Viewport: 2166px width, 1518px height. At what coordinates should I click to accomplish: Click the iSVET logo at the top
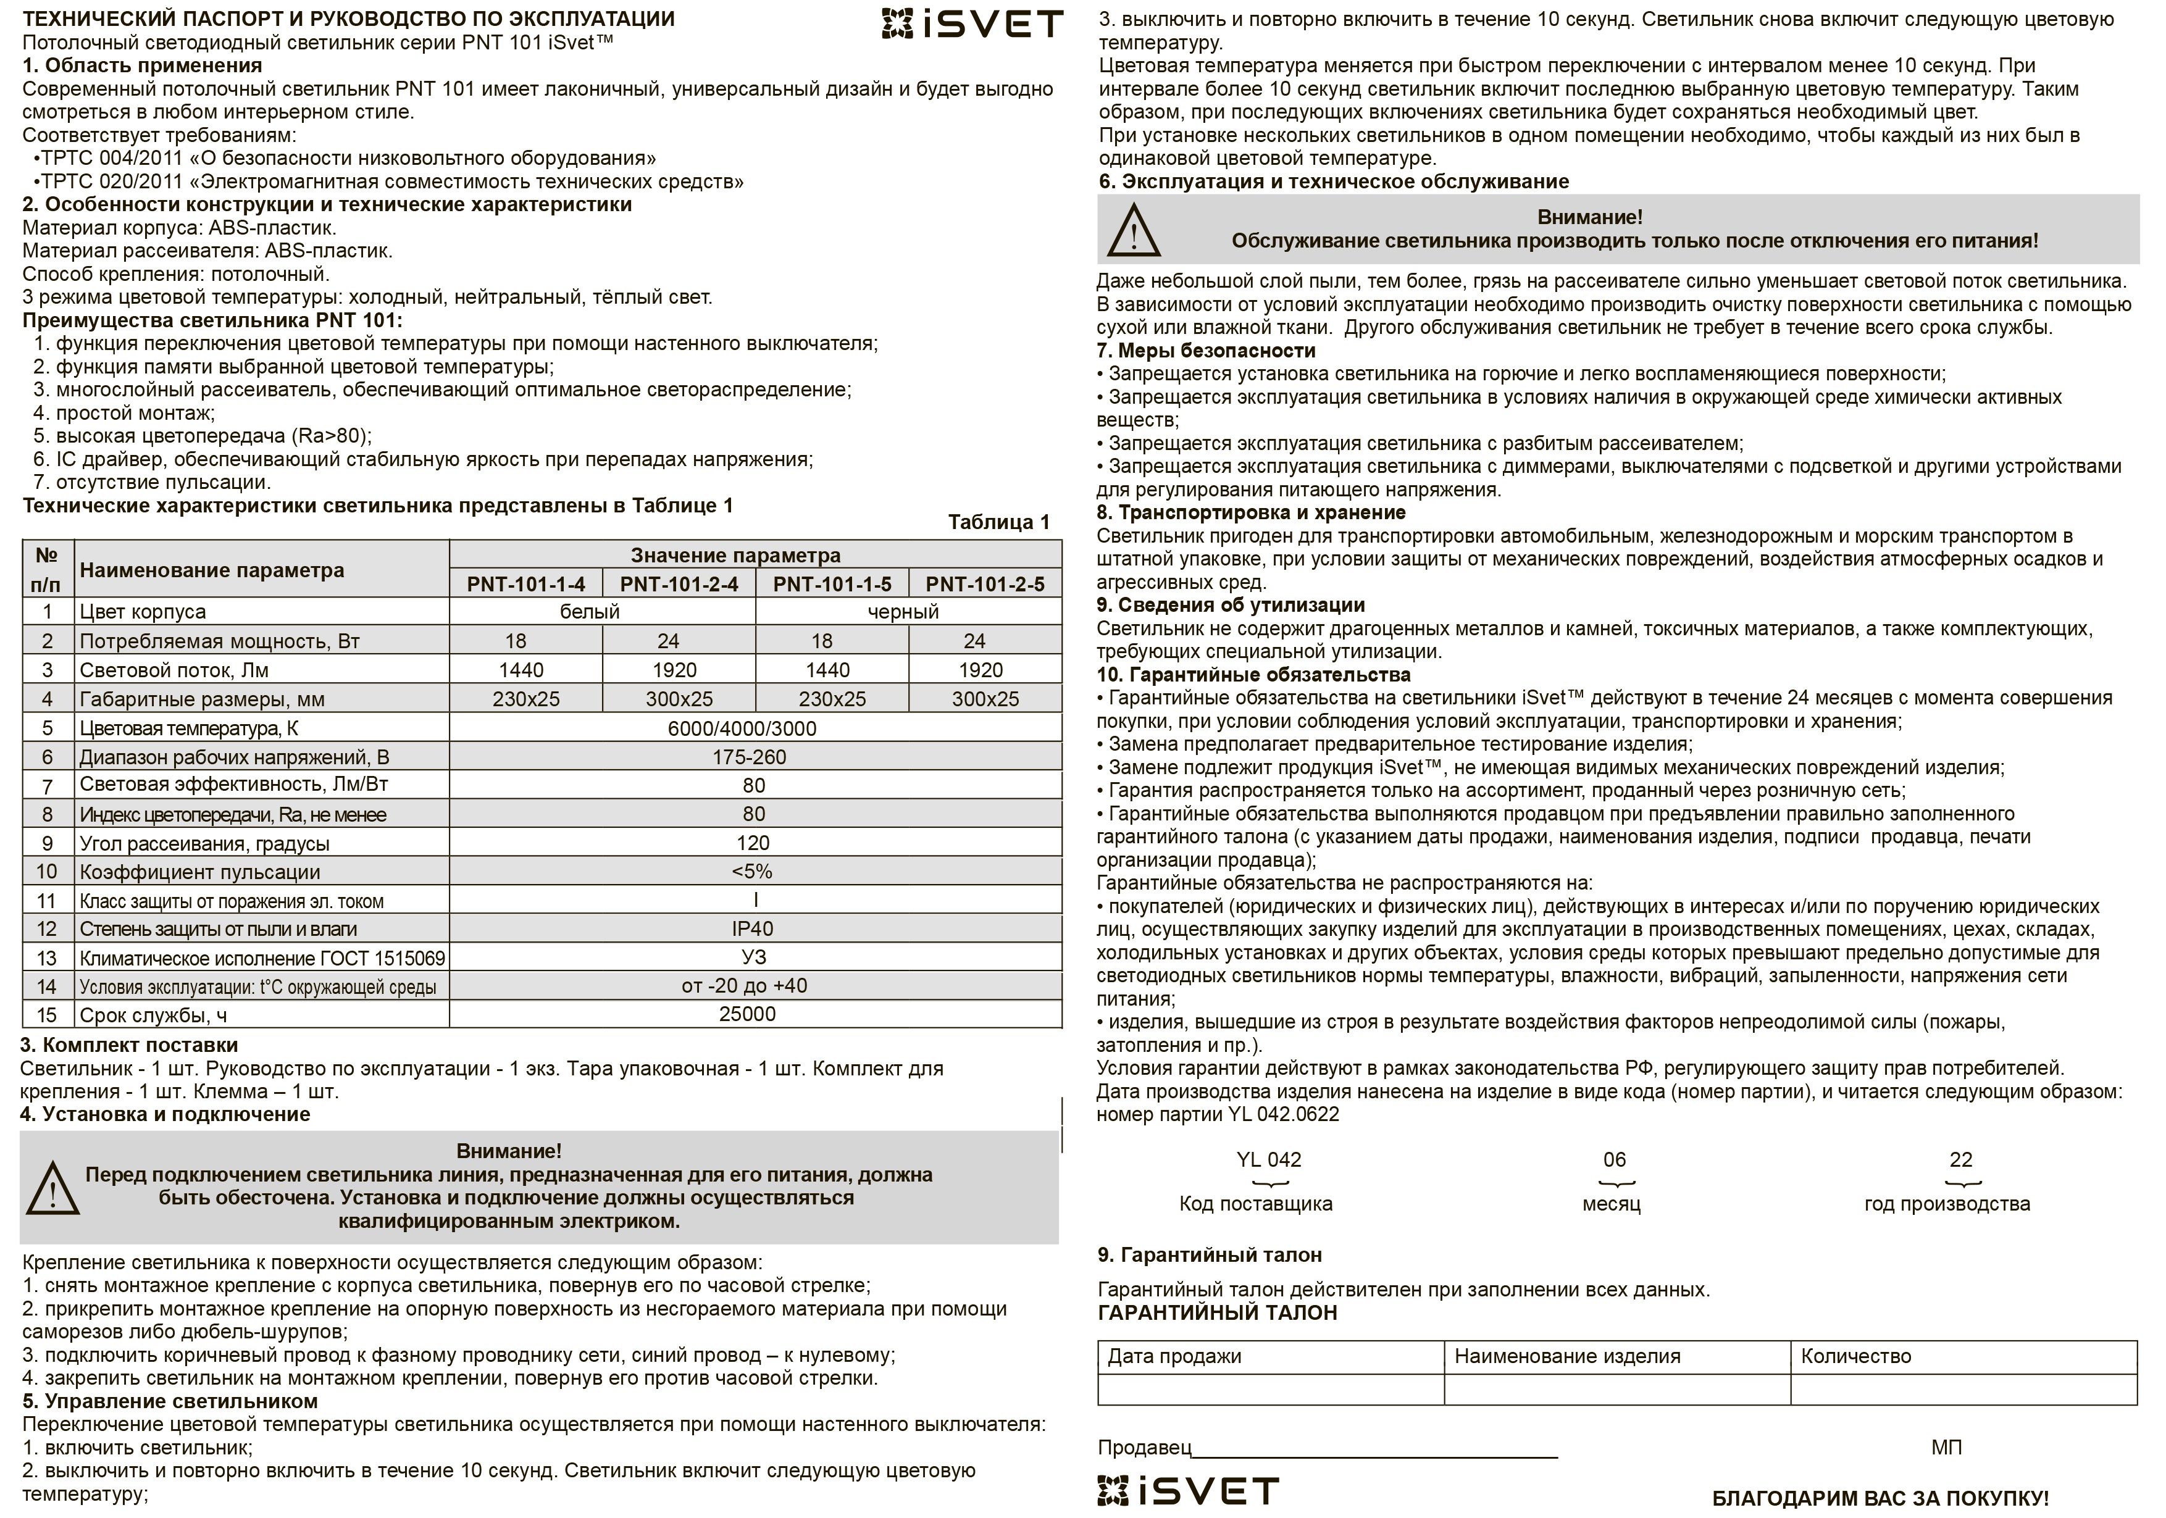(972, 23)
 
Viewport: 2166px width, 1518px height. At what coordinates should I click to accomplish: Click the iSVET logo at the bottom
(1188, 1491)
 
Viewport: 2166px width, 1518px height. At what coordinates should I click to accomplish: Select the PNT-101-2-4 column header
(679, 584)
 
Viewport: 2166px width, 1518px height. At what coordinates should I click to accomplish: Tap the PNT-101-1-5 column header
(832, 584)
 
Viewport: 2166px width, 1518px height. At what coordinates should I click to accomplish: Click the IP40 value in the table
(752, 928)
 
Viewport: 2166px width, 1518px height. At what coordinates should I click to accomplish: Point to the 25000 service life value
(747, 1014)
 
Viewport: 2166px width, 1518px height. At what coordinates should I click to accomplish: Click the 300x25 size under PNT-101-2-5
(985, 699)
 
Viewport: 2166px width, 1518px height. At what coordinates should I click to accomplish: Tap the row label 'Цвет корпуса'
(143, 611)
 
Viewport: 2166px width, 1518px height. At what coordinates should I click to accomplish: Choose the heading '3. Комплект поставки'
(129, 1045)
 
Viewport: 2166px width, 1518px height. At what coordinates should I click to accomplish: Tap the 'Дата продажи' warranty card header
(1174, 1357)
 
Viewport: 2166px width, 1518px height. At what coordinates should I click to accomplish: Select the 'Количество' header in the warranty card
(1855, 1357)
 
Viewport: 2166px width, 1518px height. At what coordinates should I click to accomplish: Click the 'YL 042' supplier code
(1268, 1159)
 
